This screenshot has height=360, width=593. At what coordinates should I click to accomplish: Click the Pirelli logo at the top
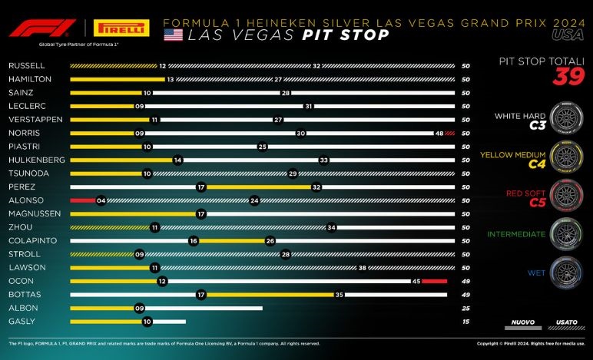121,28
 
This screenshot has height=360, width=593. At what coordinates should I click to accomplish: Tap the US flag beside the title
173,35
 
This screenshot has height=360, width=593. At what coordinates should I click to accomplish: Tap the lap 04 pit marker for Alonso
101,200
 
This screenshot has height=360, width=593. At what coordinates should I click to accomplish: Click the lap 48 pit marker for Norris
439,133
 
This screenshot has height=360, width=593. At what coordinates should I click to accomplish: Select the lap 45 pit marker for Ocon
415,281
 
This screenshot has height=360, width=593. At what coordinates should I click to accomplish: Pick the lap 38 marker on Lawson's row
362,267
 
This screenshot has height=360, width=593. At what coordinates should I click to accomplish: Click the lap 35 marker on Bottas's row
338,294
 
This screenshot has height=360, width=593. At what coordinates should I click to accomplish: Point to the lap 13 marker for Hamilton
171,80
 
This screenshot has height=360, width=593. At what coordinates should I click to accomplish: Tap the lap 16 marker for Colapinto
194,240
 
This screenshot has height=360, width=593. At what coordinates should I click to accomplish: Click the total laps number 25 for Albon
465,308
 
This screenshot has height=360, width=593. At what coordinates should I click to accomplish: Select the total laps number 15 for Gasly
465,321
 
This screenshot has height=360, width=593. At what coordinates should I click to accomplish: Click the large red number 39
569,77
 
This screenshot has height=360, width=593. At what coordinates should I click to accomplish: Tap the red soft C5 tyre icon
567,193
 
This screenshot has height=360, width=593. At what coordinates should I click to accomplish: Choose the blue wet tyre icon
567,271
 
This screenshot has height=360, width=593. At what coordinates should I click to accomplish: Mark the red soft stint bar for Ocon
434,281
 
